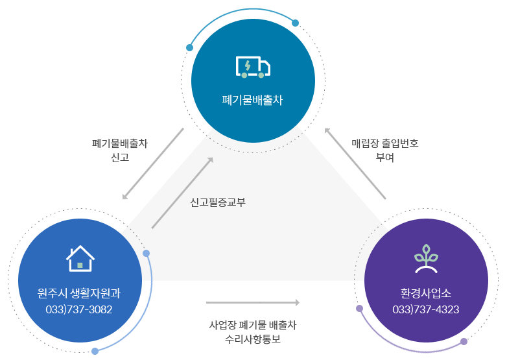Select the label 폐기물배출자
pos(252,101)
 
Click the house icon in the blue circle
pos(80,258)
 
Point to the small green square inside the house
pos(80,265)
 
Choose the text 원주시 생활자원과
pos(79,293)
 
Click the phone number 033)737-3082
pos(79,309)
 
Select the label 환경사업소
pos(425,293)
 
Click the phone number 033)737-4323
pos(425,309)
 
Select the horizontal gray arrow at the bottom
pos(252,302)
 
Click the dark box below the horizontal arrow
pos(253,331)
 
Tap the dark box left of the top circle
pos(119,149)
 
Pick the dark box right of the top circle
pos(385,150)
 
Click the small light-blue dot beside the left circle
pos(147,253)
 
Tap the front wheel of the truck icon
pos(261,75)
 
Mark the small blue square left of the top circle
pos(189,47)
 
